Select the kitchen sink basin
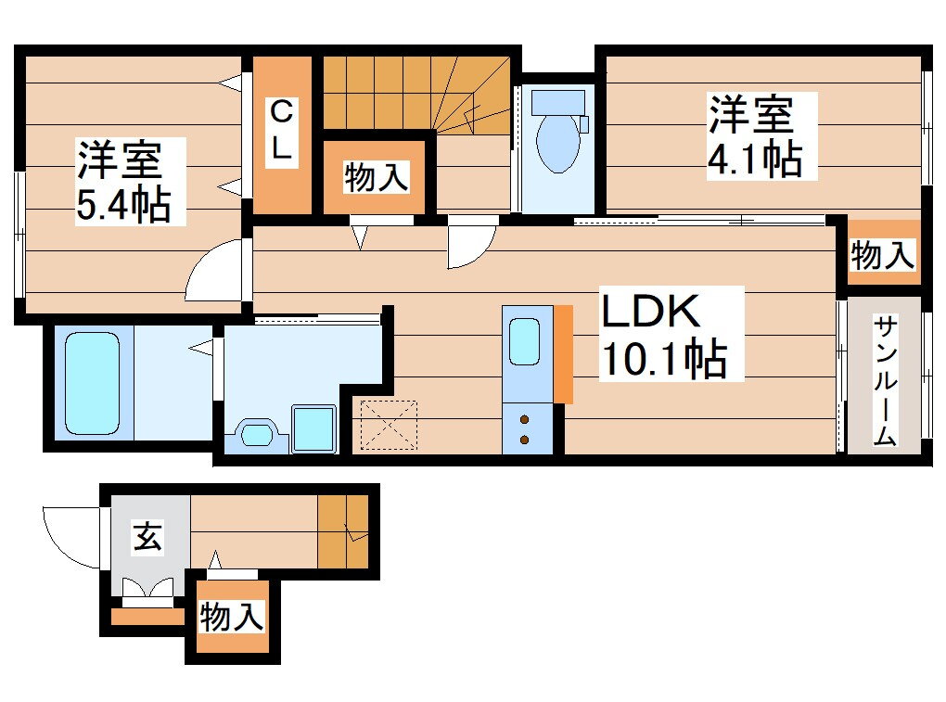click(x=524, y=342)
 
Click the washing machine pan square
click(x=313, y=428)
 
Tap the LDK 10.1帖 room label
click(x=662, y=334)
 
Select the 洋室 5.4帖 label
click(x=123, y=181)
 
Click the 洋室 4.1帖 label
click(x=754, y=135)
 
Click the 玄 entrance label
click(x=147, y=537)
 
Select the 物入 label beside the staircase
click(x=376, y=176)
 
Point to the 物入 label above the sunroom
click(x=883, y=254)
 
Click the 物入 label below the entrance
click(x=232, y=616)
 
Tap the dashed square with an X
click(x=389, y=425)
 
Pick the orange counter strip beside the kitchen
click(x=563, y=354)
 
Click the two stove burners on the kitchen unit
click(x=525, y=428)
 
